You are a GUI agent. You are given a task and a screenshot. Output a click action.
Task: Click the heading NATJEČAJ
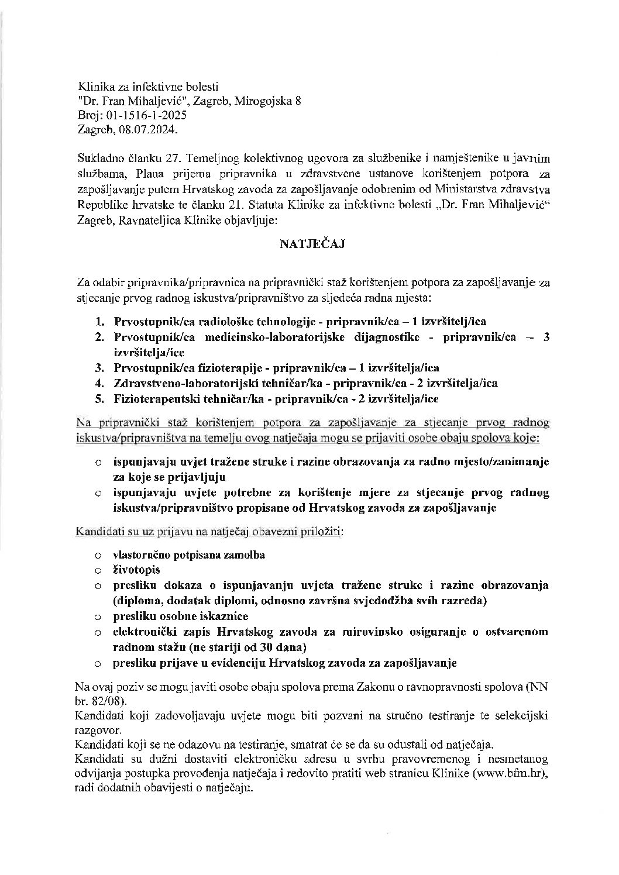(311, 244)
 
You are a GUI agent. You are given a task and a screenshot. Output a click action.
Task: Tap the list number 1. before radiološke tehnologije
(101, 322)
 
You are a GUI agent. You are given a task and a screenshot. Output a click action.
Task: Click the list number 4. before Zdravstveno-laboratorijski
(101, 384)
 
